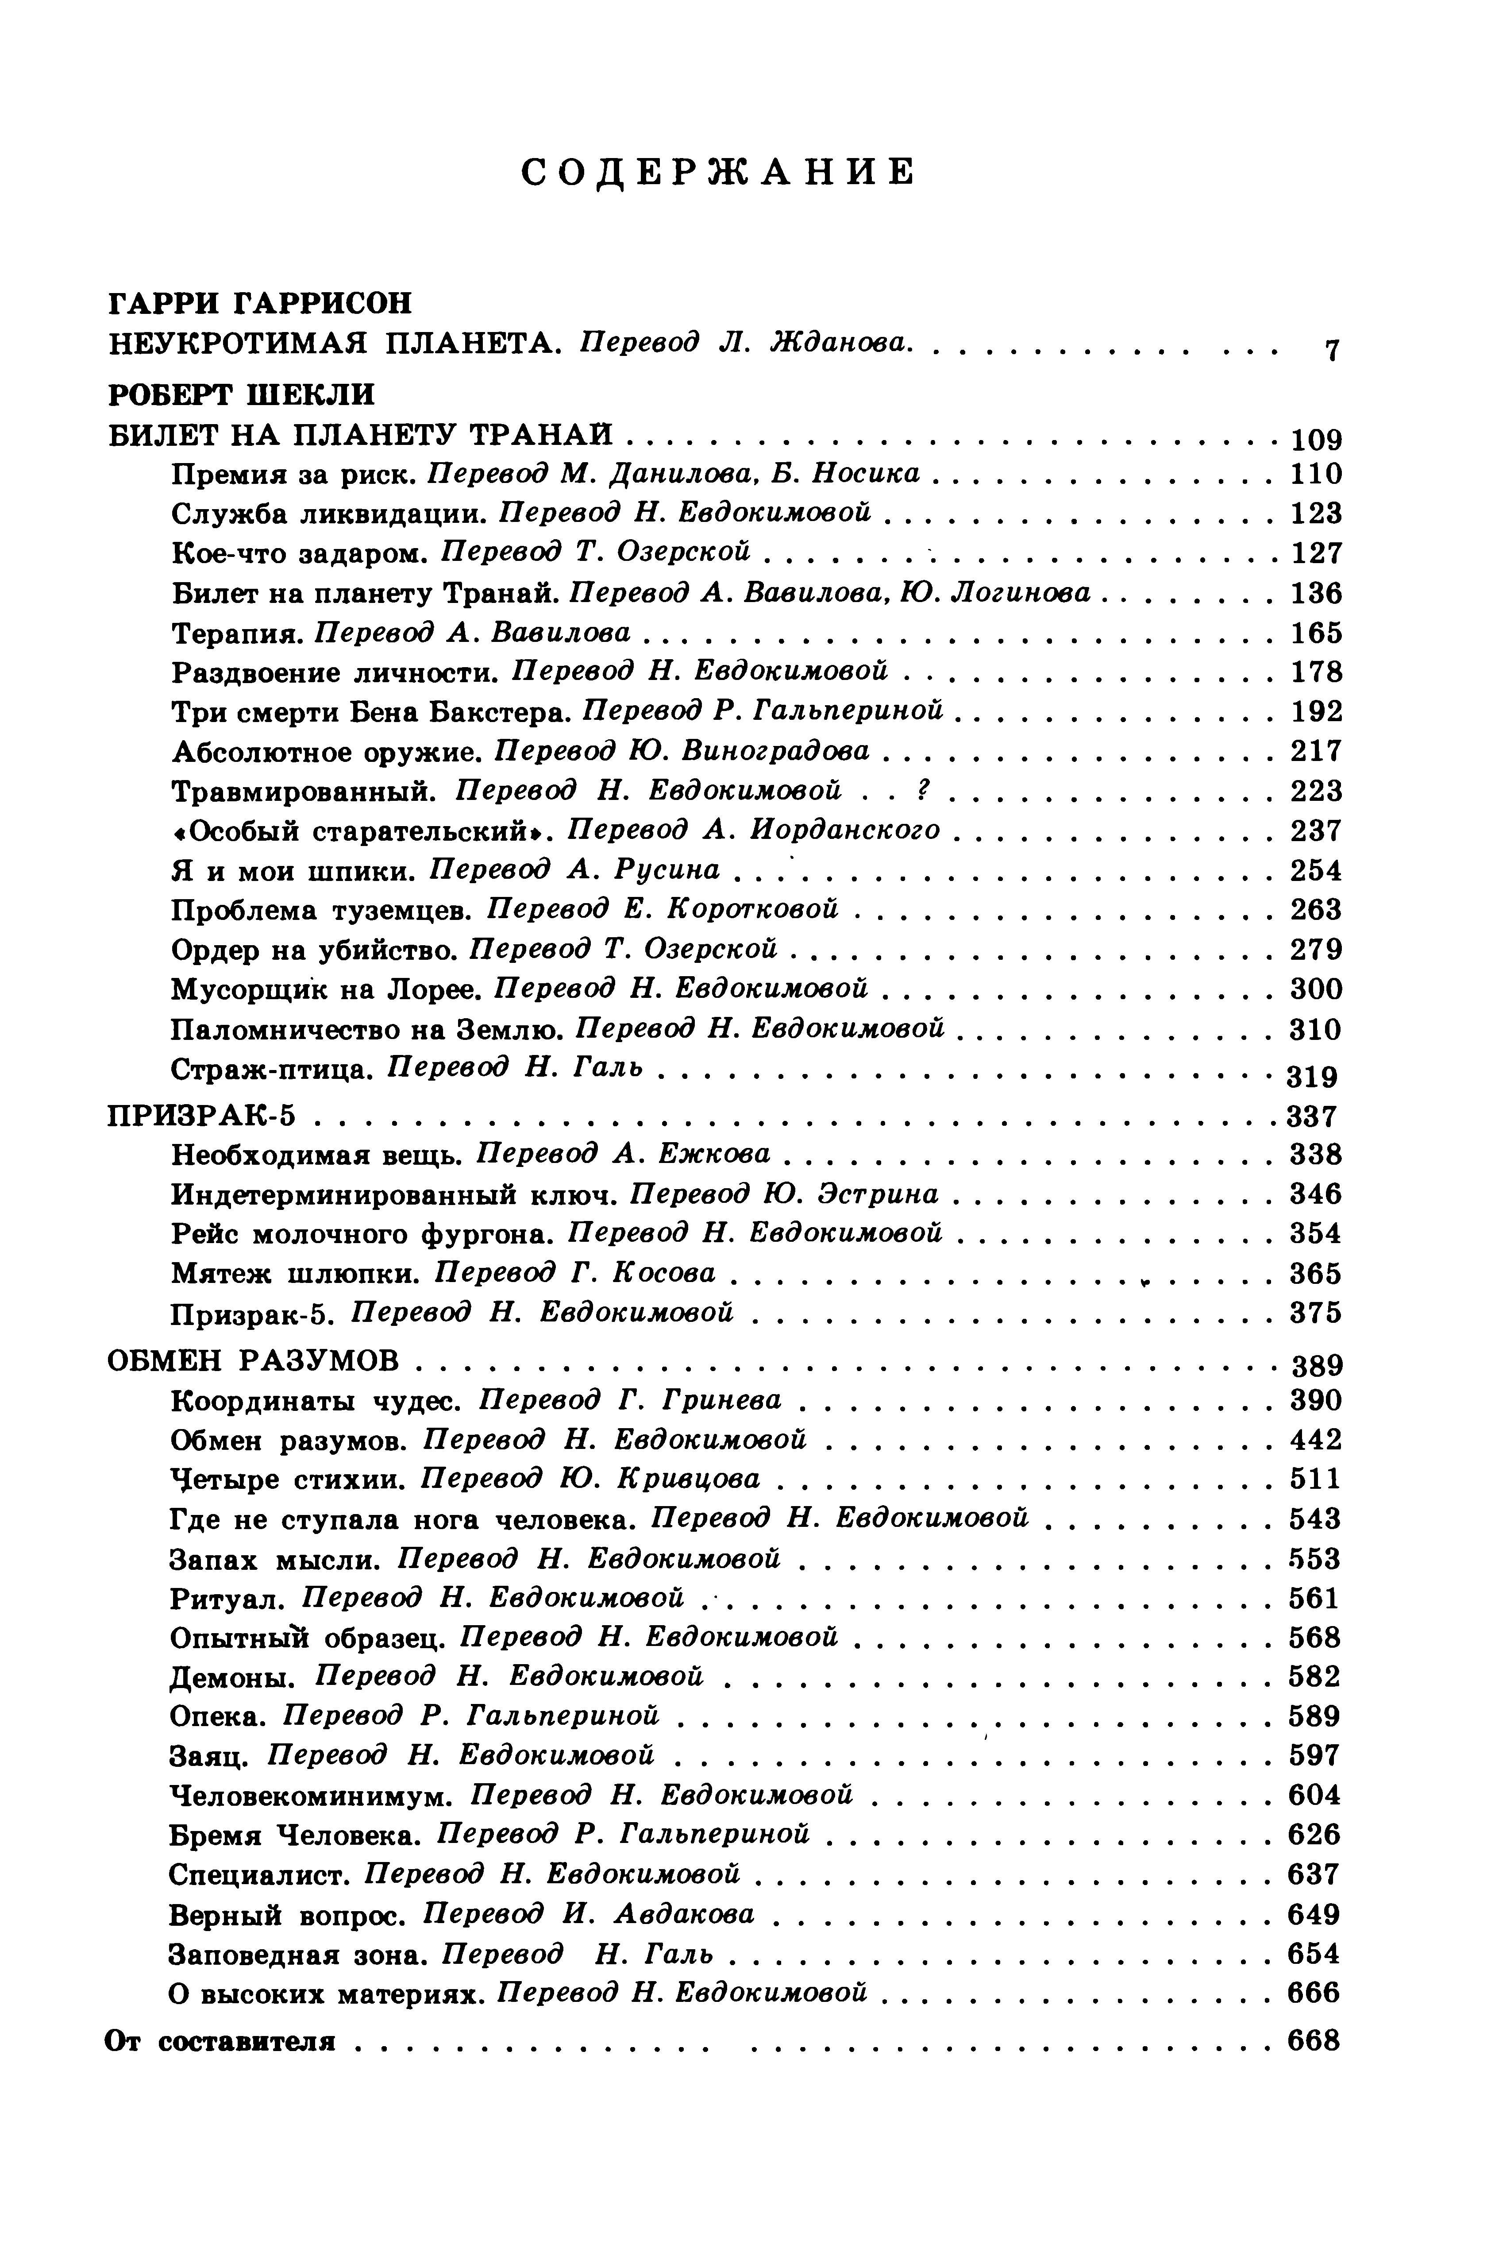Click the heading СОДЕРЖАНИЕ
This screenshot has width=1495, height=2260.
click(719, 173)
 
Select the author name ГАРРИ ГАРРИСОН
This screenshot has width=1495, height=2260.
click(260, 303)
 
